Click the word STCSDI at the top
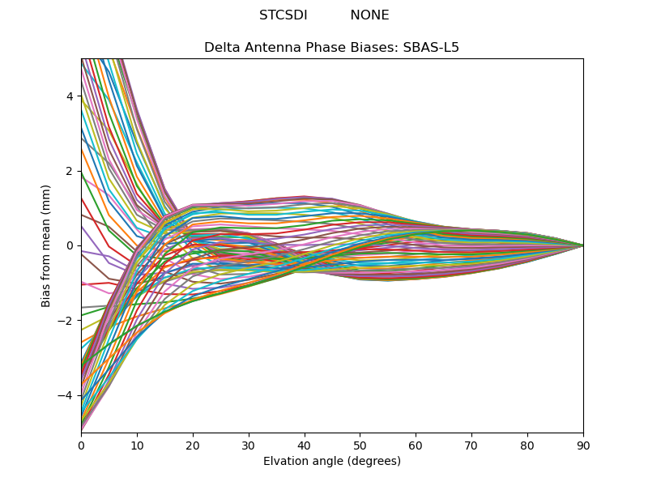pyautogui.click(x=283, y=15)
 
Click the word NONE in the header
pyautogui.click(x=369, y=15)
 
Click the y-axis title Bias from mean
pyautogui.click(x=47, y=245)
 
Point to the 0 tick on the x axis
pyautogui.click(x=81, y=445)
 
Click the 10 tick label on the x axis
pyautogui.click(x=137, y=445)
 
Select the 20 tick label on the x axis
pyautogui.click(x=193, y=445)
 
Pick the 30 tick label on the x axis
pyautogui.click(x=249, y=445)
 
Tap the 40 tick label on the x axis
pyautogui.click(x=305, y=445)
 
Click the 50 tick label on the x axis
pyautogui.click(x=360, y=445)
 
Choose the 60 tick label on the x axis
pyautogui.click(x=416, y=445)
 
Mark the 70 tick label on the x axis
pyautogui.click(x=471, y=445)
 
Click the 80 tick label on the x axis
pyautogui.click(x=527, y=445)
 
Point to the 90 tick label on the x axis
pyautogui.click(x=583, y=445)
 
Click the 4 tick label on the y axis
pyautogui.click(x=70, y=96)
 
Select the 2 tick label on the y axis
pyautogui.click(x=70, y=171)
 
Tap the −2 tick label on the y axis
pyautogui.click(x=66, y=321)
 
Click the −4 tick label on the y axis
pyautogui.click(x=66, y=395)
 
